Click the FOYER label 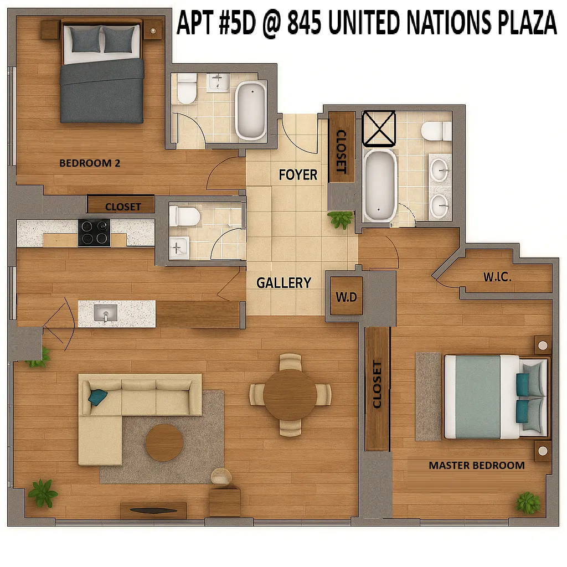[x=298, y=175]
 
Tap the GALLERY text [x=283, y=282]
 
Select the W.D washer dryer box [x=346, y=297]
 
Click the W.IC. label [x=497, y=277]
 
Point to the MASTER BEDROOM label [x=476, y=465]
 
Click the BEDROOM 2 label [x=90, y=163]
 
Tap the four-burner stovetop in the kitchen [x=94, y=233]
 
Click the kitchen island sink [x=105, y=313]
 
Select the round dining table [x=290, y=395]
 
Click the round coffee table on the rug [x=164, y=442]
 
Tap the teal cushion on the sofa [x=97, y=397]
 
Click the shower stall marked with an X [x=379, y=127]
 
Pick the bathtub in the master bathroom [x=380, y=185]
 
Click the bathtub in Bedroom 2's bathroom [x=251, y=110]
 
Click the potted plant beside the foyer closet [x=340, y=219]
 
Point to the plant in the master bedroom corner [x=528, y=502]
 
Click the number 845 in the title [x=305, y=23]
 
